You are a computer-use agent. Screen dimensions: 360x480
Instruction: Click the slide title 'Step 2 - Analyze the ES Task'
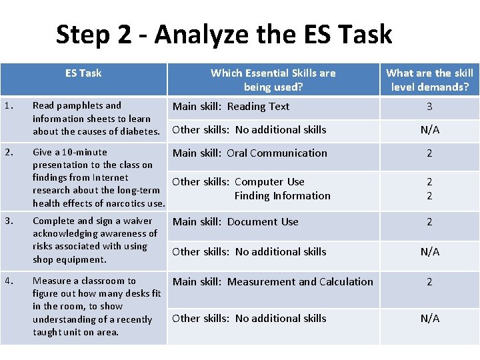[x=224, y=34]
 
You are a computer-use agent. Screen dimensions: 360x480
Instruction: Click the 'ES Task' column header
[x=83, y=73]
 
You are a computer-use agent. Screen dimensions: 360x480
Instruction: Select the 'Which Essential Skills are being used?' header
[x=273, y=79]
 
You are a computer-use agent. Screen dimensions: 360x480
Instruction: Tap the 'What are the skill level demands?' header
[x=429, y=79]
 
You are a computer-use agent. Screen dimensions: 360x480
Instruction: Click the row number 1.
[x=6, y=105]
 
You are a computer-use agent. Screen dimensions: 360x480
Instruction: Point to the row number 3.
[x=6, y=221]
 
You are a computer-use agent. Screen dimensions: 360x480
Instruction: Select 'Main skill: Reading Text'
[x=231, y=106]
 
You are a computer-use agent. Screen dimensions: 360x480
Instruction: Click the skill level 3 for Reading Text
[x=429, y=107]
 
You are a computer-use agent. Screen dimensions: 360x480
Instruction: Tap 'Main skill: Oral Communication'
[x=249, y=153]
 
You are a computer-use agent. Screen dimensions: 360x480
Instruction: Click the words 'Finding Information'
[x=282, y=195]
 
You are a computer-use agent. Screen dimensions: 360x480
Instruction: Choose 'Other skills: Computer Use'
[x=238, y=181]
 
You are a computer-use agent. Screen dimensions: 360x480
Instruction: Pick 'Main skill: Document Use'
[x=235, y=221]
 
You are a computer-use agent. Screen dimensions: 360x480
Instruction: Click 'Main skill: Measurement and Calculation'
[x=273, y=281]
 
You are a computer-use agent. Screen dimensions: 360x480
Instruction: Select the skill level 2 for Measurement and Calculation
[x=429, y=282]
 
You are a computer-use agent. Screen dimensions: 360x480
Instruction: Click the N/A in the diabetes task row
[x=429, y=130]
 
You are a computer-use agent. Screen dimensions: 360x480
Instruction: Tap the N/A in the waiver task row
[x=429, y=252]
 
